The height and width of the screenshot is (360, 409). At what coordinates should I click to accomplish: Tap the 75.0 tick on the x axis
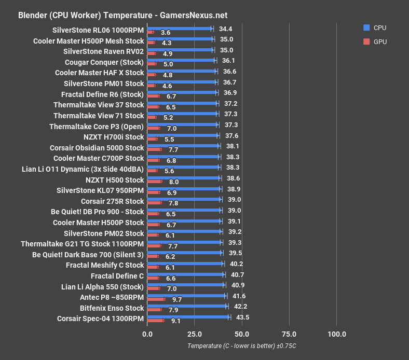tap(289, 334)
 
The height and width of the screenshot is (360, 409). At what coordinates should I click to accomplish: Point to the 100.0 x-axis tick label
tap(337, 334)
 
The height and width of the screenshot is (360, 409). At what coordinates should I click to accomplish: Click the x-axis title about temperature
tap(245, 346)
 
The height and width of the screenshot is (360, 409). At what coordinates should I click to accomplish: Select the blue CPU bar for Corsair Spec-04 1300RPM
tap(188, 316)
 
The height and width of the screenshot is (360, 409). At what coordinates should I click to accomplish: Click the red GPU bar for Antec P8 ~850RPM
tap(156, 299)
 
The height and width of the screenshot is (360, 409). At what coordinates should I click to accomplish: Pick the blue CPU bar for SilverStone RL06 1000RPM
tap(180, 29)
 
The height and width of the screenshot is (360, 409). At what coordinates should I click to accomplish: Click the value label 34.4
tap(225, 29)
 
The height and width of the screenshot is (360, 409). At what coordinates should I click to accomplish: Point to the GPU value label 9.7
tap(177, 300)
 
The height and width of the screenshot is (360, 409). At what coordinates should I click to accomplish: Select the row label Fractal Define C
tap(117, 276)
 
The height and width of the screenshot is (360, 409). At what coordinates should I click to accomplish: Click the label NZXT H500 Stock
tap(115, 180)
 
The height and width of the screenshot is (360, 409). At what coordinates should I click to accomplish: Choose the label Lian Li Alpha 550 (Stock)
tap(102, 287)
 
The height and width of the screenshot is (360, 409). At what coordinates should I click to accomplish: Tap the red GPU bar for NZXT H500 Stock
tap(155, 182)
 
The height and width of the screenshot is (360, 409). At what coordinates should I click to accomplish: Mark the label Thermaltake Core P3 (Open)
tap(97, 127)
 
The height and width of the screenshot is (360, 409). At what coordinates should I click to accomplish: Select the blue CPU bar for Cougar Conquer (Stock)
tap(181, 61)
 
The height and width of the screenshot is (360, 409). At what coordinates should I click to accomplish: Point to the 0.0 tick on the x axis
tap(147, 334)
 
